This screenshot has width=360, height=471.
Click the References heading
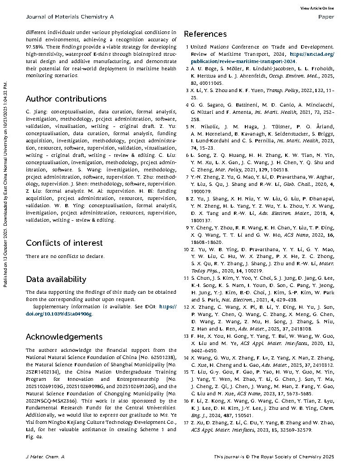point(205,34)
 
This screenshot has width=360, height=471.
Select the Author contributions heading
point(66,99)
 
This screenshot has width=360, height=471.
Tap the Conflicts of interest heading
point(64,243)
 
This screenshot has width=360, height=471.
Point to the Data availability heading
point(56,279)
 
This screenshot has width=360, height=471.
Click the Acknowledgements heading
point(64,337)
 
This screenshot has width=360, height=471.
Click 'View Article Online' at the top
point(317,8)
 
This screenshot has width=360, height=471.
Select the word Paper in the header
point(326,17)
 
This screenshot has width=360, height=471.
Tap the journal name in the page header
point(70,17)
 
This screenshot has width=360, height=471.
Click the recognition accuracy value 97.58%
point(34,46)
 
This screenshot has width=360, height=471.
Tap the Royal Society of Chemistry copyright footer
point(274,457)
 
